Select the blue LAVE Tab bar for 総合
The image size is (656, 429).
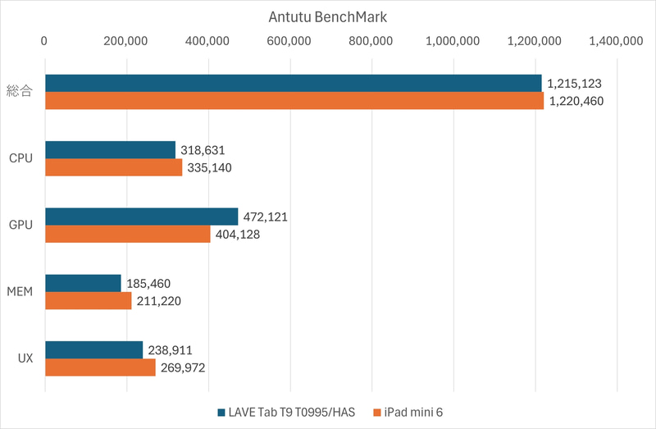tap(293, 83)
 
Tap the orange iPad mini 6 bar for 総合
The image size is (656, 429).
tap(294, 101)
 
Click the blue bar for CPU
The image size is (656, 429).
tap(110, 149)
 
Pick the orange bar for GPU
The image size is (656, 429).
tap(127, 234)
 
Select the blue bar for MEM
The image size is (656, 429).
tap(83, 283)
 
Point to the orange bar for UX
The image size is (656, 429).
tap(100, 367)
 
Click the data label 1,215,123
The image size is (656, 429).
tap(575, 84)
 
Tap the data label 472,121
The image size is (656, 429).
tap(265, 217)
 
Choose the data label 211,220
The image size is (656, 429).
tap(158, 301)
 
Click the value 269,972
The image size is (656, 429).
tap(182, 367)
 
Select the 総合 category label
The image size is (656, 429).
tap(19, 92)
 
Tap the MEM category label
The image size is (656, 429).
tap(20, 292)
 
